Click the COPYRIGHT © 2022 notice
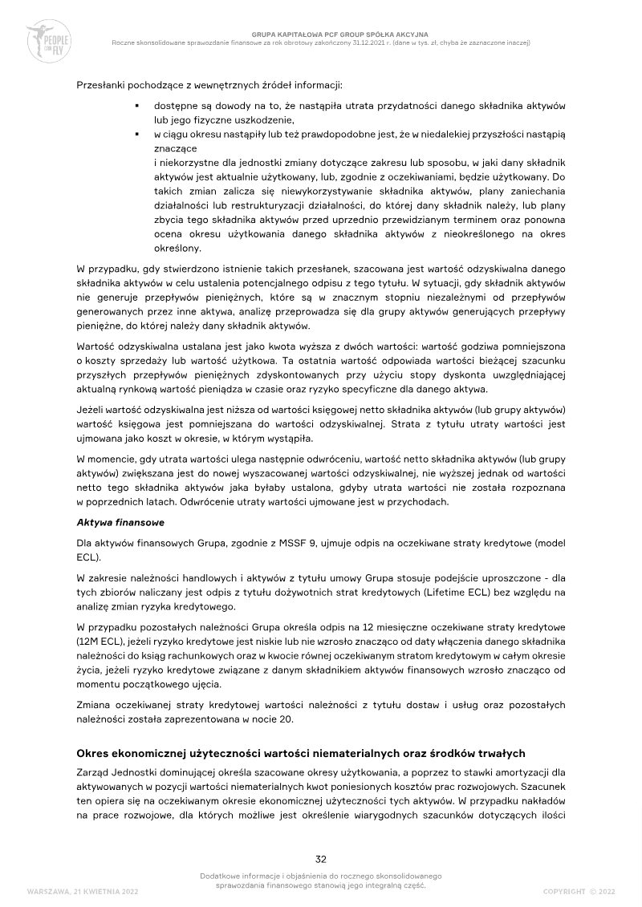pyautogui.click(x=579, y=891)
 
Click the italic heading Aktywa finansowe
pyautogui.click(x=120, y=522)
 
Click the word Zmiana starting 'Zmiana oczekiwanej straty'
pyautogui.click(x=94, y=705)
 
